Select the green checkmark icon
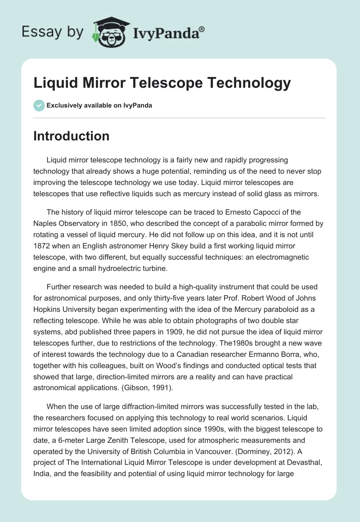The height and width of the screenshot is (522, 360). pyautogui.click(x=38, y=105)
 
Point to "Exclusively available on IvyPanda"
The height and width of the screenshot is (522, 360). pyautogui.click(x=99, y=105)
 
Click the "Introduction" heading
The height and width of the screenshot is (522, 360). pyautogui.click(x=71, y=136)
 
